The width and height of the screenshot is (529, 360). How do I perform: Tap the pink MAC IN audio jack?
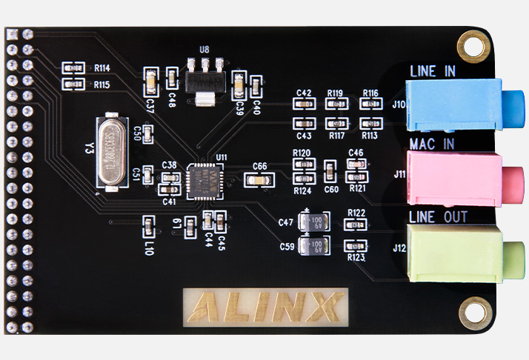pyautogui.click(x=459, y=177)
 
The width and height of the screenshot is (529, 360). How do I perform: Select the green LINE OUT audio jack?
pyautogui.click(x=459, y=252)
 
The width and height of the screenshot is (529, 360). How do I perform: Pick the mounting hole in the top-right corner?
pyautogui.click(x=470, y=46)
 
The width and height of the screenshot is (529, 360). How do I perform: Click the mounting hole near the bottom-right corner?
pyautogui.click(x=470, y=312)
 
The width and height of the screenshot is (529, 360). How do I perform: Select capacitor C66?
pyautogui.click(x=260, y=179)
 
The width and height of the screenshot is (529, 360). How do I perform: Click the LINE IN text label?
pyautogui.click(x=433, y=71)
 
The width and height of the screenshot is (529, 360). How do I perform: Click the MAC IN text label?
pyautogui.click(x=432, y=143)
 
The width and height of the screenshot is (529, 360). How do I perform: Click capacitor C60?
pyautogui.click(x=330, y=173)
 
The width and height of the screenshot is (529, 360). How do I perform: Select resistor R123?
pyautogui.click(x=356, y=246)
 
